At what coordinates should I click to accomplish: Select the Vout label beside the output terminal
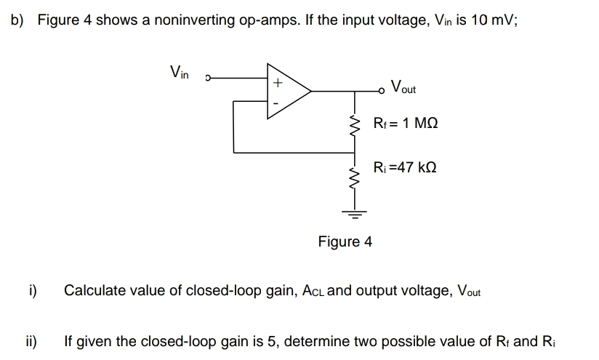403,87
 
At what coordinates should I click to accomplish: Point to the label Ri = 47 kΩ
404,167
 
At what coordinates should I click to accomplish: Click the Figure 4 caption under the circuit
345,241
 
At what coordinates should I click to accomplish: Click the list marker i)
32,291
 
